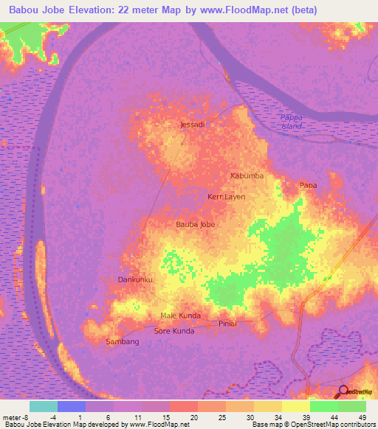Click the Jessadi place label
[x=192, y=125]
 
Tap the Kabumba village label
[x=246, y=176]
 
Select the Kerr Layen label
[x=226, y=197]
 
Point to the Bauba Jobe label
[x=195, y=223]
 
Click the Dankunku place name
[x=135, y=279]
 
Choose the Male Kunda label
[x=180, y=315]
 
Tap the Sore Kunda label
[x=173, y=331]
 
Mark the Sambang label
[x=123, y=341]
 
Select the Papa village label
[x=308, y=185]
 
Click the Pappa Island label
[x=292, y=122]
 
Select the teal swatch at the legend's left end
[x=43, y=406]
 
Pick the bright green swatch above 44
[x=323, y=406]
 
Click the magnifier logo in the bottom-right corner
[x=343, y=393]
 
